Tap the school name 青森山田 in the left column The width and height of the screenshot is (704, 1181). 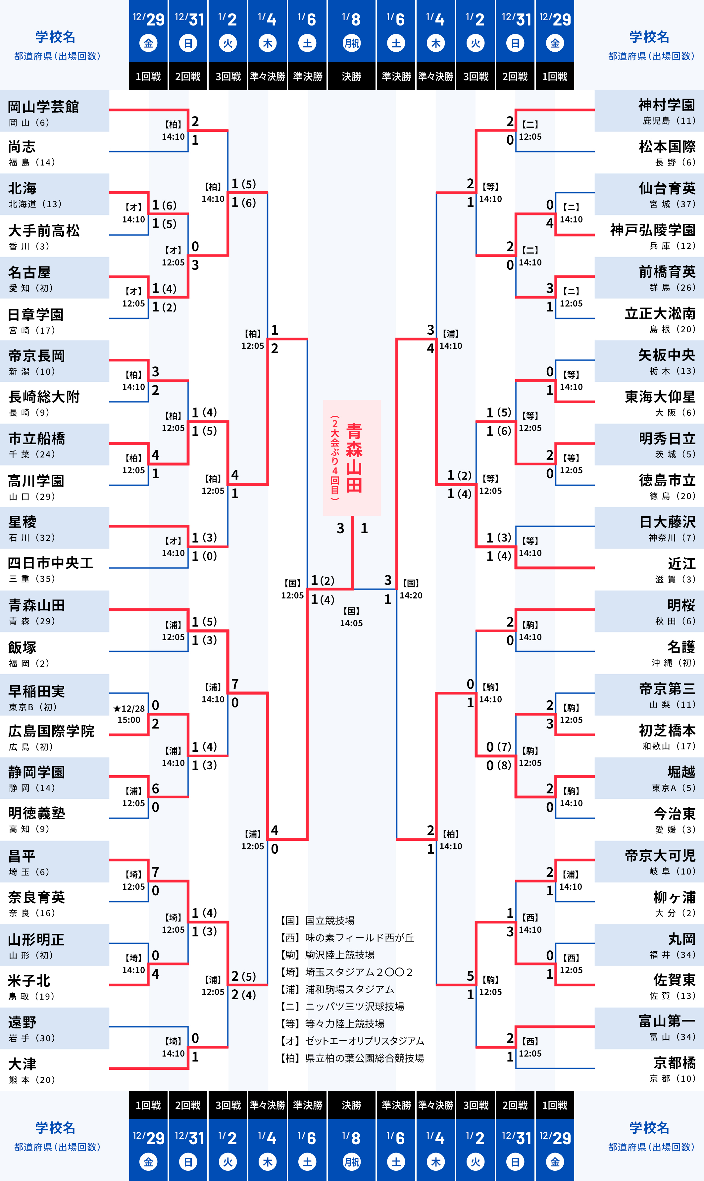pos(36,605)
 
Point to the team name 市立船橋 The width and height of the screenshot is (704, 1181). pos(36,439)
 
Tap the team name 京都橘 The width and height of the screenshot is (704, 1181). pos(674,1063)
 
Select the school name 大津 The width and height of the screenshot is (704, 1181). pos(22,1064)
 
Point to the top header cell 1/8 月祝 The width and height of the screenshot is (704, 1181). pos(352,31)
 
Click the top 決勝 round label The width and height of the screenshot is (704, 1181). pos(352,76)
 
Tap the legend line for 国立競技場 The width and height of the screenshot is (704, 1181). pos(318,920)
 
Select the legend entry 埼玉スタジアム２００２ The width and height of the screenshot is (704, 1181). pos(347,972)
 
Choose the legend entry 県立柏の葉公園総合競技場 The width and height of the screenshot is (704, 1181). pos(352,1058)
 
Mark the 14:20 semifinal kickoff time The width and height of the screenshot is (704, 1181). pos(411,595)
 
